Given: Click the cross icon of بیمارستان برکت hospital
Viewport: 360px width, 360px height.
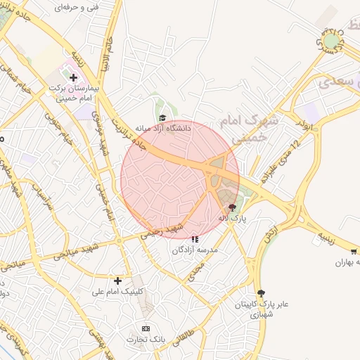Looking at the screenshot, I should (73, 77).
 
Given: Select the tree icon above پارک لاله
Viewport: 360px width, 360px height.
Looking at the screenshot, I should (233, 207).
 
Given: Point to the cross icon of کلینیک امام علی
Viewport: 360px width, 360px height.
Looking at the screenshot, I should (117, 281).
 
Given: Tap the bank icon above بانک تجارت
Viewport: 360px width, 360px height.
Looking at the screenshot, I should (146, 329).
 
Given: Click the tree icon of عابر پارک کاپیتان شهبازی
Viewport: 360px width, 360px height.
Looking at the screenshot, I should (262, 293).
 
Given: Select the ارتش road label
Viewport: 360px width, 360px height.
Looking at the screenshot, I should (269, 236).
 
